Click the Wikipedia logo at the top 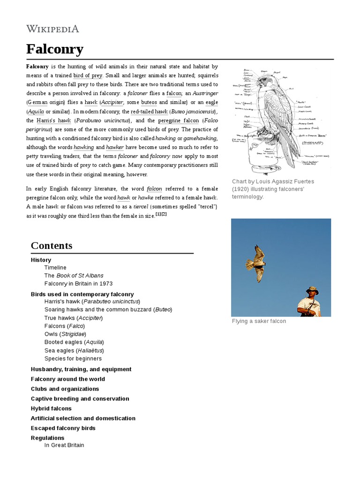tap(52, 29)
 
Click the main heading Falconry tap(54, 49)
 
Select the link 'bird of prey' tap(88, 75)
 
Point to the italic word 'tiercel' tap(141, 207)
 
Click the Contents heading tap(52, 246)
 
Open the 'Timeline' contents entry tap(55, 267)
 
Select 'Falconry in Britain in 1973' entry tap(78, 284)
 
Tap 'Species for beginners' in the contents tap(73, 359)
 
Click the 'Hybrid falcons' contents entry tap(51, 408)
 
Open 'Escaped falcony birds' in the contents tap(63, 428)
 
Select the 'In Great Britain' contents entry tap(64, 445)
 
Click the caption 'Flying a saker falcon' tap(259, 321)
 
